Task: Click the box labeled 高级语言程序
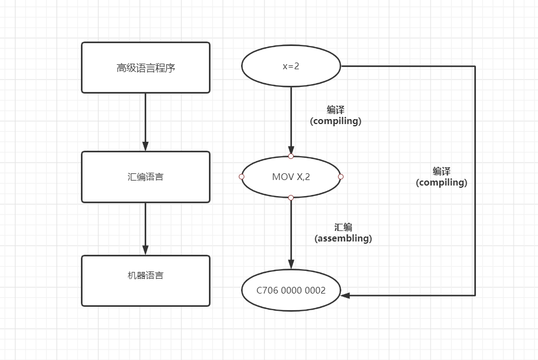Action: pyautogui.click(x=146, y=68)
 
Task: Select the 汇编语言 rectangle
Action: pyautogui.click(x=146, y=177)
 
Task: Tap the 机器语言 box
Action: pyautogui.click(x=146, y=280)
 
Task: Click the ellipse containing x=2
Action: pyautogui.click(x=291, y=66)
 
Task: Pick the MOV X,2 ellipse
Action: pyautogui.click(x=291, y=177)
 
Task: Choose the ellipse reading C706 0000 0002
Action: pyautogui.click(x=291, y=290)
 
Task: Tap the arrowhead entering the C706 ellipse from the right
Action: pyautogui.click(x=345, y=295)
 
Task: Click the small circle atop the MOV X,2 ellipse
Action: pyautogui.click(x=291, y=156)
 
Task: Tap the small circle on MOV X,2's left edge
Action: pyautogui.click(x=242, y=177)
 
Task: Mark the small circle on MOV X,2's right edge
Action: pyautogui.click(x=341, y=177)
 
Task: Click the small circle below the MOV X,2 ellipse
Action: pyautogui.click(x=291, y=197)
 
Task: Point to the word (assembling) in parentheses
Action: pyautogui.click(x=343, y=239)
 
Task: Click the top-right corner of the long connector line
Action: pyautogui.click(x=475, y=66)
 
